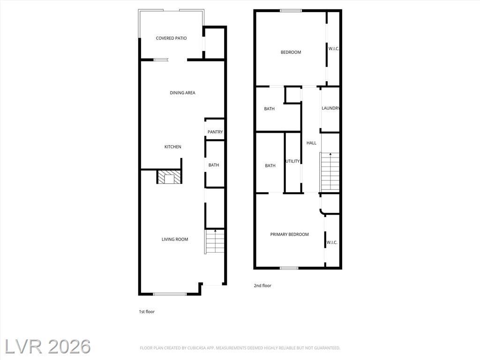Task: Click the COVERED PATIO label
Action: coord(171,38)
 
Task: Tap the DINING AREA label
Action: coord(182,93)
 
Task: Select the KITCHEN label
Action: coord(173,147)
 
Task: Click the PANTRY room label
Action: coord(215,132)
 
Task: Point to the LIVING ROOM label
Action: coord(175,240)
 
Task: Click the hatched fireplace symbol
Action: coord(169,177)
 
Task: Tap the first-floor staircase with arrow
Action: coord(215,241)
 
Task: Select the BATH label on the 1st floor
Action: coord(214,165)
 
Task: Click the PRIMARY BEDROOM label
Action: coord(289,234)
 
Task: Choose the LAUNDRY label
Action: coord(330,108)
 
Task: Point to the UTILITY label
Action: coord(292,161)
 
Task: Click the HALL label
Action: coord(311,143)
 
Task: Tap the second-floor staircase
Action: coord(330,172)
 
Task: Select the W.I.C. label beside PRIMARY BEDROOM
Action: coord(332,242)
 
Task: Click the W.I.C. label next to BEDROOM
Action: coord(334,49)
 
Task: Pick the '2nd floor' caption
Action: coord(262,285)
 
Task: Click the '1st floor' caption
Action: coord(147,312)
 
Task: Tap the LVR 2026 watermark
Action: coord(47,347)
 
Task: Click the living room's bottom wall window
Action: coord(170,294)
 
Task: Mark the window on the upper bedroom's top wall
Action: coord(291,11)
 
